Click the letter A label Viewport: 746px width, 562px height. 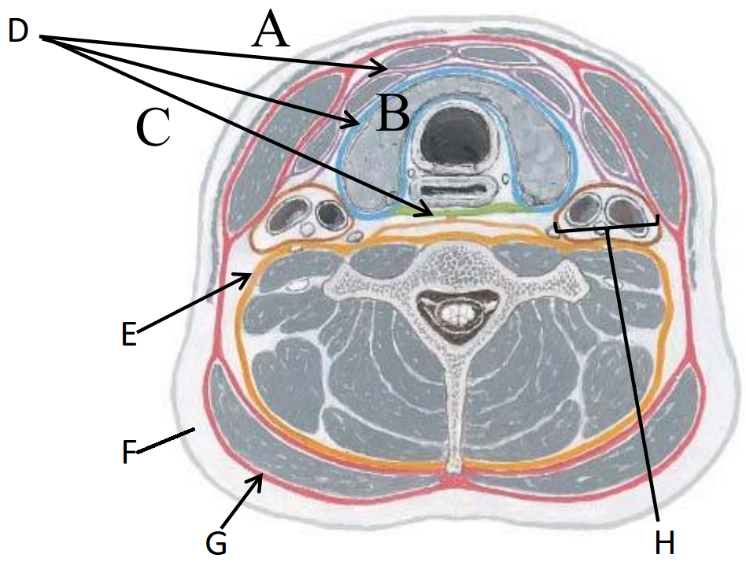pyautogui.click(x=271, y=30)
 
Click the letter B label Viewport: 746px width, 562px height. pyautogui.click(x=392, y=113)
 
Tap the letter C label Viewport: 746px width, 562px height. pyautogui.click(x=153, y=127)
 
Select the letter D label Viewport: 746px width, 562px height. pyautogui.click(x=19, y=31)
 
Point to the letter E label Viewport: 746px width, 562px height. pyautogui.click(x=129, y=333)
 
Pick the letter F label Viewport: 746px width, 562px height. pyautogui.click(x=129, y=451)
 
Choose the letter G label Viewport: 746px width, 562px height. pyautogui.click(x=216, y=542)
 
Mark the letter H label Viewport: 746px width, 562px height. pyautogui.click(x=664, y=542)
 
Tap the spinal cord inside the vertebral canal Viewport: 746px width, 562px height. pyautogui.click(x=456, y=313)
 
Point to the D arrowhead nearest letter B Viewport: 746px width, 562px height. pyautogui.click(x=353, y=121)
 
